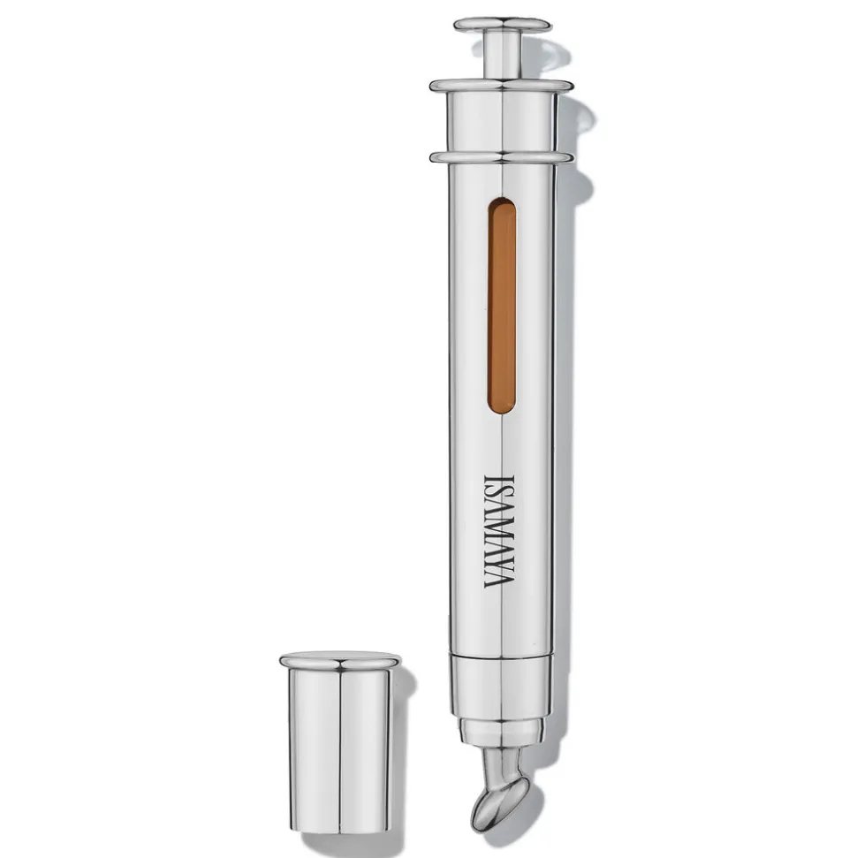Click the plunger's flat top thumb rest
click(503, 25)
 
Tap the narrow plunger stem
click(503, 56)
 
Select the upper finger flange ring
click(502, 86)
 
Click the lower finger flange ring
click(502, 157)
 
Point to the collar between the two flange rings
click(503, 122)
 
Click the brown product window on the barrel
click(501, 306)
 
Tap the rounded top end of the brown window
click(501, 203)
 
